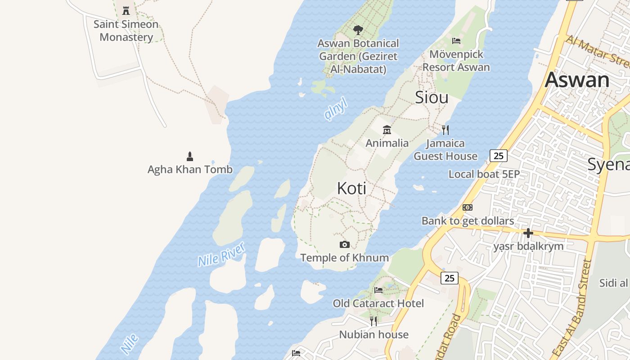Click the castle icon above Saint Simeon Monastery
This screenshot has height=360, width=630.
126,10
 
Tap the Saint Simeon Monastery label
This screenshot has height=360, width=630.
126,31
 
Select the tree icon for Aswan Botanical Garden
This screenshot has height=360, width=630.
358,30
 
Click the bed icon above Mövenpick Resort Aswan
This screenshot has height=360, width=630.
456,41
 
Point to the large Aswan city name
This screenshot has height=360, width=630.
577,80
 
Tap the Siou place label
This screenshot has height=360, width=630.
432,97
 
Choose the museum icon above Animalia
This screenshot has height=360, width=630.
387,130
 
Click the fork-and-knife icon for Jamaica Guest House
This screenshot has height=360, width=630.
445,130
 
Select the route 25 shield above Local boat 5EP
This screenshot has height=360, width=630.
499,156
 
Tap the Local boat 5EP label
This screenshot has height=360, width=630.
484,174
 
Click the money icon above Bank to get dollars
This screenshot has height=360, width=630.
468,207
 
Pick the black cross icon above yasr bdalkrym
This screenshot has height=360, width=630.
528,233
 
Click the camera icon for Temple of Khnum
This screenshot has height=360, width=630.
345,244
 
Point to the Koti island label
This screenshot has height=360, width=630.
351,189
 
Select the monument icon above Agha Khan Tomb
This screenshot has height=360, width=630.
190,157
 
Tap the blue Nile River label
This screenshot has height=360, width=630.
222,254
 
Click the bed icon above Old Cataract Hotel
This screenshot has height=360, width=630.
378,290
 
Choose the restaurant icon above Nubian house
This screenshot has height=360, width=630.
373,321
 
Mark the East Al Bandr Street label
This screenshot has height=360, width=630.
571,308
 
